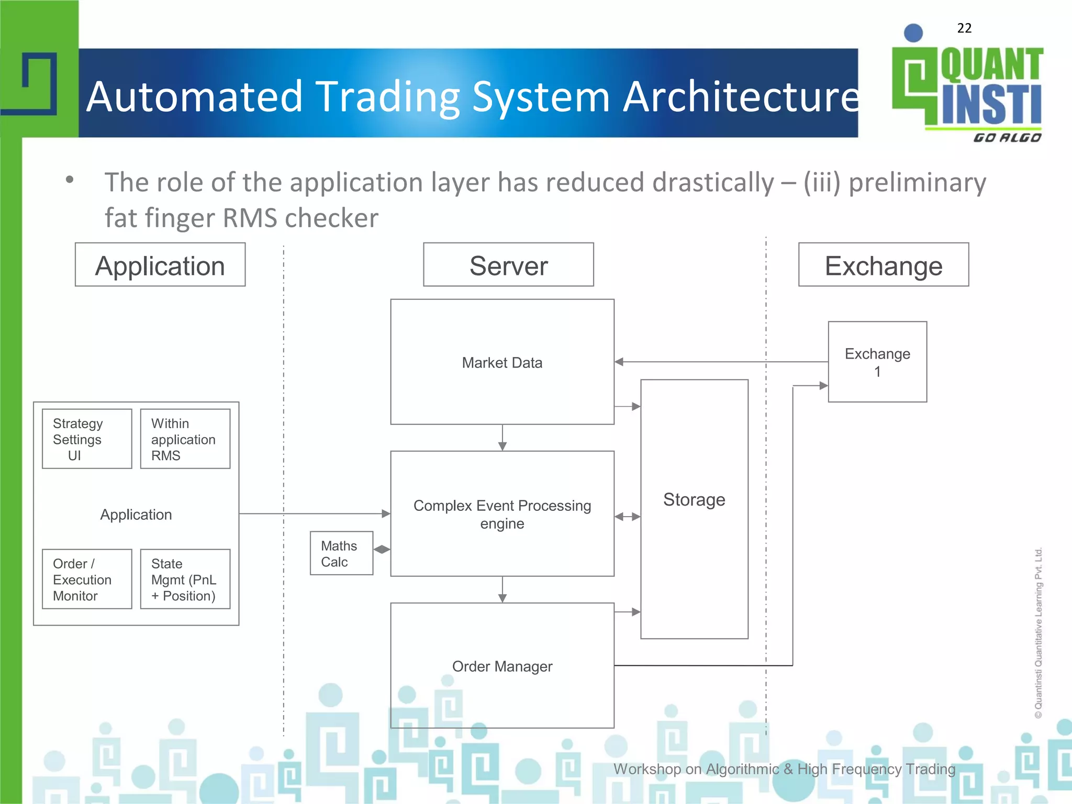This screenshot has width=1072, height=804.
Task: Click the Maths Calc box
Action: [x=341, y=553]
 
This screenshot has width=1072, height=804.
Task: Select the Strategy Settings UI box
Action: [x=87, y=439]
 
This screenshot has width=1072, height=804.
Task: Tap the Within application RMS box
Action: [x=185, y=439]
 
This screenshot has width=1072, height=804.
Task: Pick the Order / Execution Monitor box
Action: [x=87, y=579]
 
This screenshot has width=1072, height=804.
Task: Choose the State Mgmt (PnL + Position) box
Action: [x=185, y=579]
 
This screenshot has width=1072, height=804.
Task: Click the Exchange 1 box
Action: [x=877, y=362]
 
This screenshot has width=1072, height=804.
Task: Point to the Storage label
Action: [x=694, y=499]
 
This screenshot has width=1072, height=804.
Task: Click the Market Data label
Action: [x=502, y=363]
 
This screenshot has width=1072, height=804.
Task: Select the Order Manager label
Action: [x=502, y=666]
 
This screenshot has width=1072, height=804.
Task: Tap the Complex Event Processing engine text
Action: [x=502, y=514]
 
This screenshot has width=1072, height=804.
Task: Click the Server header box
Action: [x=508, y=265]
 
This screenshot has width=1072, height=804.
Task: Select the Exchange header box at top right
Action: [x=884, y=265]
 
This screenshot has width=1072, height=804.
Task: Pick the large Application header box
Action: [x=160, y=265]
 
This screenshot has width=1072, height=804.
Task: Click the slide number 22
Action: [x=964, y=28]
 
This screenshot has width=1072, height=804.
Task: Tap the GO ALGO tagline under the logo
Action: [x=1007, y=138]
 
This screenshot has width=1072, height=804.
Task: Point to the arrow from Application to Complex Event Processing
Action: [x=314, y=513]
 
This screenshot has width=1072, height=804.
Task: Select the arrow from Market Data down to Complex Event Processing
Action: [x=502, y=438]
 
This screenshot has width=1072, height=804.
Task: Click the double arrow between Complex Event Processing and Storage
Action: [x=627, y=517]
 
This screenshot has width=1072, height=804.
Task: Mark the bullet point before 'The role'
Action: [x=70, y=180]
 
